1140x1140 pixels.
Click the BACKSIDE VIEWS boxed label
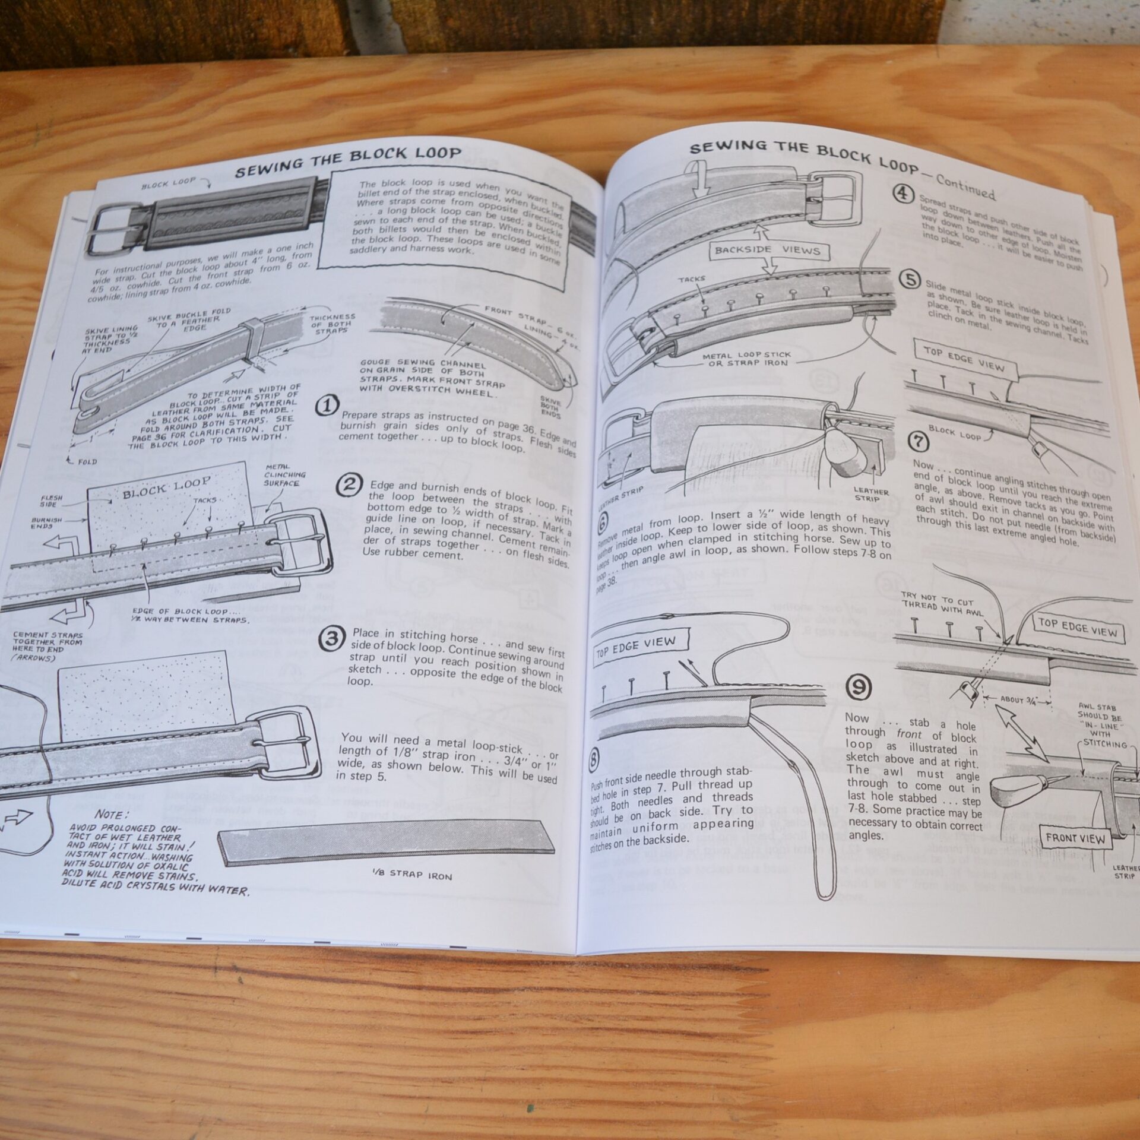click(x=768, y=250)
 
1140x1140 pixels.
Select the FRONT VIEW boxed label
click(x=1075, y=839)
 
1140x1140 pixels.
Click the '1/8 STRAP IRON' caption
click(x=410, y=874)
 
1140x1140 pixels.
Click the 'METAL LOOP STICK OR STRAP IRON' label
click(x=748, y=359)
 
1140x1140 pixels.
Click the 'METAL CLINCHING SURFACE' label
click(x=286, y=474)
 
